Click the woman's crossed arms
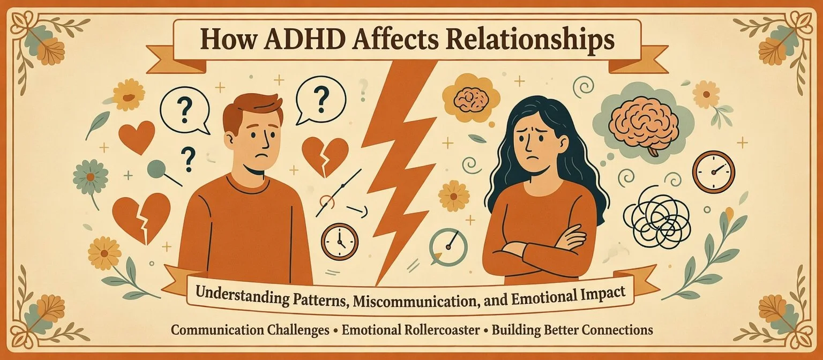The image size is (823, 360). pos(541,244)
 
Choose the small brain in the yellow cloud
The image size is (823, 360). pos(470,99)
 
